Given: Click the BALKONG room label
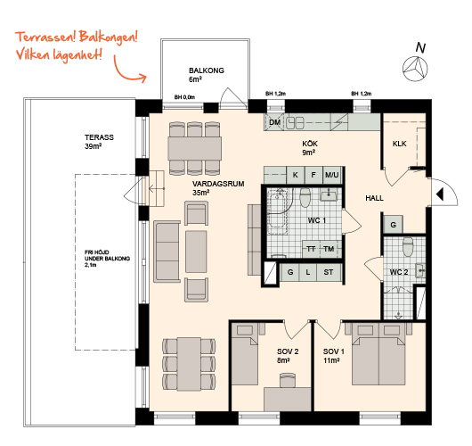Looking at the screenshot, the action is click(207, 70).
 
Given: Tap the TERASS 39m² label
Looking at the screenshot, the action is click(99, 142).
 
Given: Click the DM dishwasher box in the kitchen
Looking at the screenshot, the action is click(274, 122).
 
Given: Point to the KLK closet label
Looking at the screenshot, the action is click(399, 144).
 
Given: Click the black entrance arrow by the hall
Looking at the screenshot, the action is click(440, 194).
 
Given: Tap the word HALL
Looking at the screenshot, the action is click(374, 198).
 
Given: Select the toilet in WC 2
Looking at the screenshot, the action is click(408, 247).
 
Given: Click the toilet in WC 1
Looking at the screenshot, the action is click(305, 197).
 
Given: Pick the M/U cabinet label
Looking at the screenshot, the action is click(331, 175).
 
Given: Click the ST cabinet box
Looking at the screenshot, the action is click(329, 272).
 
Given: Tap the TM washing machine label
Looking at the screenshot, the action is click(329, 249).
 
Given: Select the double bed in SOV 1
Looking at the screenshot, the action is click(378, 354).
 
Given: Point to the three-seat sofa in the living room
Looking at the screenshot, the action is click(167, 252).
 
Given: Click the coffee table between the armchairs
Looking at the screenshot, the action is click(196, 252).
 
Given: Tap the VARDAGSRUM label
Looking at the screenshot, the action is click(218, 184).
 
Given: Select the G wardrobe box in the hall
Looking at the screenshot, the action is click(393, 225).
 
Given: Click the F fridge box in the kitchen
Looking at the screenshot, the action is click(313, 175).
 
